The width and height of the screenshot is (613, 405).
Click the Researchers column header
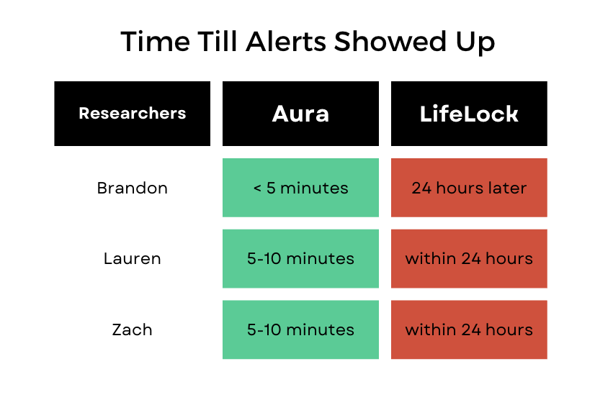pyautogui.click(x=132, y=114)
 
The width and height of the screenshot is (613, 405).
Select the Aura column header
pyautogui.click(x=300, y=114)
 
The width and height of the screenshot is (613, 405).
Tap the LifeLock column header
pyautogui.click(x=469, y=114)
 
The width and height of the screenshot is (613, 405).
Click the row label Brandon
pyautogui.click(x=132, y=188)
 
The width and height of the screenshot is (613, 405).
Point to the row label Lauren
pyautogui.click(x=132, y=258)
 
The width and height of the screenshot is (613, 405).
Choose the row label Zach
pyautogui.click(x=132, y=329)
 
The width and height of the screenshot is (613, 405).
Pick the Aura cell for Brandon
pyautogui.click(x=300, y=188)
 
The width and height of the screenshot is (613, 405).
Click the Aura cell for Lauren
pyautogui.click(x=300, y=258)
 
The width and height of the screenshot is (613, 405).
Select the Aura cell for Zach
pyautogui.click(x=300, y=329)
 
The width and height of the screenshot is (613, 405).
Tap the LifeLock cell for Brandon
pyautogui.click(x=469, y=188)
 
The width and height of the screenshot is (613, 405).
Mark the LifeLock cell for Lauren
pyautogui.click(x=469, y=258)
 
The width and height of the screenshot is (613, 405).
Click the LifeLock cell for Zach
pyautogui.click(x=469, y=329)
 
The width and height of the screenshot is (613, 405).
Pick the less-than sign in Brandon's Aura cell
pyautogui.click(x=257, y=188)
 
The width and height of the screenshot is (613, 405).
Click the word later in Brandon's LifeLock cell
pyautogui.click(x=509, y=188)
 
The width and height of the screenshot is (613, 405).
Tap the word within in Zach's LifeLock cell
pyautogui.click(x=429, y=329)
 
